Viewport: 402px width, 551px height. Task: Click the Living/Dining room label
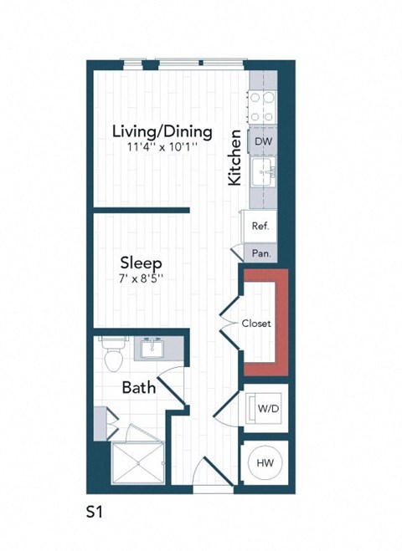pos(163,132)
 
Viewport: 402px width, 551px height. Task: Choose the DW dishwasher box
pos(262,141)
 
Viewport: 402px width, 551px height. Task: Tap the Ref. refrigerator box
pos(260,226)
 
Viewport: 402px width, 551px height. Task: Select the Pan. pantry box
pos(260,253)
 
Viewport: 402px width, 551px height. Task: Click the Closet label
pos(256,324)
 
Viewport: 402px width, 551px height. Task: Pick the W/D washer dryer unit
pos(267,409)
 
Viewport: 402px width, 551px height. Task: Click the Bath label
pos(137,387)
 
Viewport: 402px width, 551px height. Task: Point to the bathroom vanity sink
pos(153,347)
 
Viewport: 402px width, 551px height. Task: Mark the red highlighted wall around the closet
pos(281,322)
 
